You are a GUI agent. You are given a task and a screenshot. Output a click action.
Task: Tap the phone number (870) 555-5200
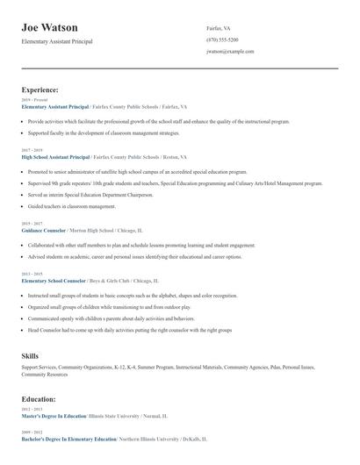click(222, 39)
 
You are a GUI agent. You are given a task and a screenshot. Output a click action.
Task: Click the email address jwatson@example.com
click(230, 52)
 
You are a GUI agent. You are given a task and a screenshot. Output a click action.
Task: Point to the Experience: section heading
click(40, 89)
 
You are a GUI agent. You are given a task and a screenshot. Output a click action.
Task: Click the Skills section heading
click(30, 355)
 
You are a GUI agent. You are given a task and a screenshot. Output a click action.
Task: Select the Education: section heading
click(40, 399)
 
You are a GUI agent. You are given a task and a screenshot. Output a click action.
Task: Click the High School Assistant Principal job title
click(55, 156)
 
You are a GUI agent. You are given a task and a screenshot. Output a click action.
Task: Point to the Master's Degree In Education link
click(54, 416)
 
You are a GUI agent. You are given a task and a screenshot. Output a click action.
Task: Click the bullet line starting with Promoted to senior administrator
click(126, 172)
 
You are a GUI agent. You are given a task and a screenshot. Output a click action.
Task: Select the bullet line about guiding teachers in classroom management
click(72, 206)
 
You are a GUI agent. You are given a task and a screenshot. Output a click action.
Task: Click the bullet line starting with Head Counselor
click(129, 330)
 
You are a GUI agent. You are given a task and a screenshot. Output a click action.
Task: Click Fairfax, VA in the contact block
click(219, 28)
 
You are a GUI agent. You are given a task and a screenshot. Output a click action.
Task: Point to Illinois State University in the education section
click(117, 416)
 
